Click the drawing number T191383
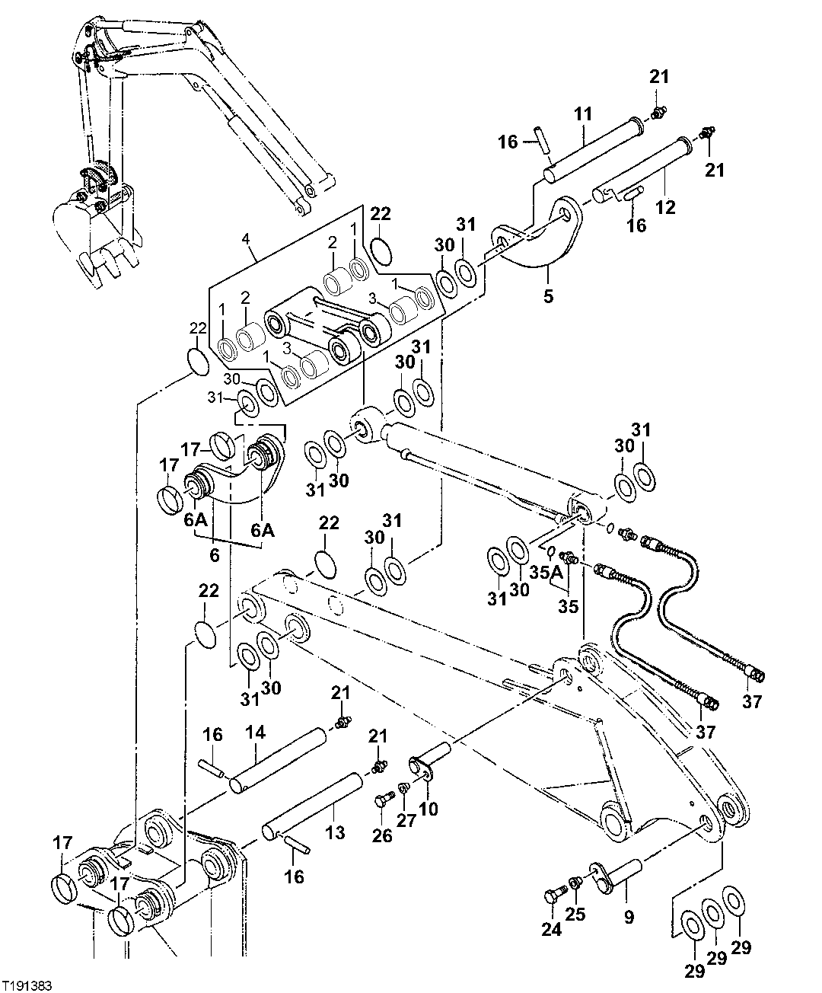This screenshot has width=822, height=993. pos(27,985)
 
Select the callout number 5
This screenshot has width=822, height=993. pos(549,295)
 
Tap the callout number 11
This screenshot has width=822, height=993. pos(582,114)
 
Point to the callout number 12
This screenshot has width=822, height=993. pos(666,206)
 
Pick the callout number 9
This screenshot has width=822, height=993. pos(629,918)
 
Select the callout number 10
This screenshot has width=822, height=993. pos(429,808)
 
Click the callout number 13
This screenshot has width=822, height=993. pos(336,832)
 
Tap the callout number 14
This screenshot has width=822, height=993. pos(255,733)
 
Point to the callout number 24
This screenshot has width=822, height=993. pos(551,929)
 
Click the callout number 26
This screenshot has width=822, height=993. pos(382,835)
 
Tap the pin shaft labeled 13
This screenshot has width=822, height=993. pos(312,803)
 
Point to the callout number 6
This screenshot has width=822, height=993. pos(215,555)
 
